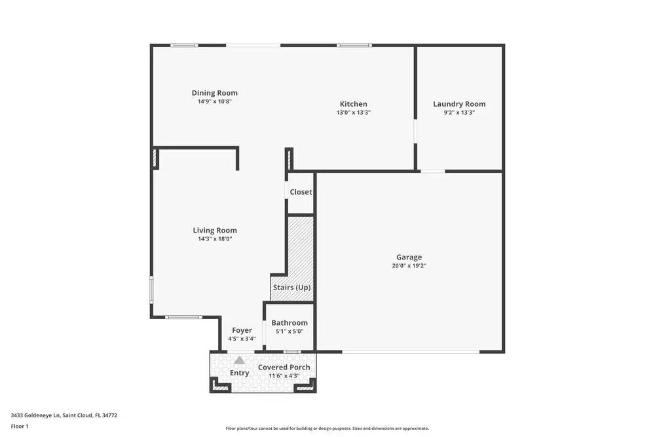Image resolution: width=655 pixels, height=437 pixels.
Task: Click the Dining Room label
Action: (214, 93)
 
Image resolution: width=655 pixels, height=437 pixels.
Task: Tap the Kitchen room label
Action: (353, 104)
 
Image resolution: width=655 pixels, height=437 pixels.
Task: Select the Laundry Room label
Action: (459, 104)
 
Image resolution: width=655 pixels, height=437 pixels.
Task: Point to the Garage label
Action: (409, 257)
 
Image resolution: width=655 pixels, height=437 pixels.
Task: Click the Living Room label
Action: (215, 231)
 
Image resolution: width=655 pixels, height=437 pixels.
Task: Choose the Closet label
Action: (301, 192)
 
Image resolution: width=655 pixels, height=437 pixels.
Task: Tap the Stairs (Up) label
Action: (291, 288)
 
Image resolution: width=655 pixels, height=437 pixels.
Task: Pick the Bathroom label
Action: (290, 323)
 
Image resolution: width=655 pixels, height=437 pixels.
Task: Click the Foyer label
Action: (242, 331)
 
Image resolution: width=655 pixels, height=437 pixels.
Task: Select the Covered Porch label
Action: (284, 368)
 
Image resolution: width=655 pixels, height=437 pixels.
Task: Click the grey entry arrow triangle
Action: (240, 360)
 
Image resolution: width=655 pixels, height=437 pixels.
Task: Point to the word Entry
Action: (239, 373)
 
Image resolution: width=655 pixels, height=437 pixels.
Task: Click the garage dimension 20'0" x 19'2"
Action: (409, 266)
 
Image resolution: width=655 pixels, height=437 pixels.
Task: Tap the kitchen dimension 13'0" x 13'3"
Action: (353, 113)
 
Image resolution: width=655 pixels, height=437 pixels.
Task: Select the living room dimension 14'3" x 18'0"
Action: (215, 239)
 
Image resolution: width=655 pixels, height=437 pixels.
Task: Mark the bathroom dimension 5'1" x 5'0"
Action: (289, 332)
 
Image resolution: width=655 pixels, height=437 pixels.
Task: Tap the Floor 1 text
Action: (20, 427)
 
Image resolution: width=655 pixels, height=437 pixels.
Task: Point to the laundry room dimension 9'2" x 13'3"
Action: (459, 113)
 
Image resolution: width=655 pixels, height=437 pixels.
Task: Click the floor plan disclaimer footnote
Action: (327, 428)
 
